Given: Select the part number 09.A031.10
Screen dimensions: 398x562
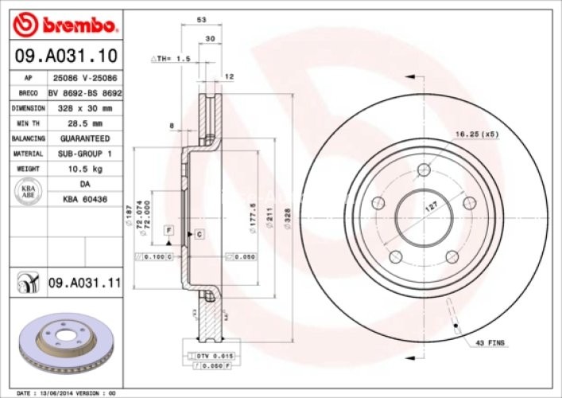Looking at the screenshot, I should pyautogui.click(x=67, y=56).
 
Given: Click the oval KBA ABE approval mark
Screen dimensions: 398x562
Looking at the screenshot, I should pyautogui.click(x=27, y=191).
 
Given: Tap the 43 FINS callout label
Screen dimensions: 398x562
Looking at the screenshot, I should pyautogui.click(x=490, y=342).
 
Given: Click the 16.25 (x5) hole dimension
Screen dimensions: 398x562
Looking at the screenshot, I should pyautogui.click(x=477, y=135).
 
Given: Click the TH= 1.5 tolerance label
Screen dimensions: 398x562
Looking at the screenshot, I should pyautogui.click(x=172, y=59).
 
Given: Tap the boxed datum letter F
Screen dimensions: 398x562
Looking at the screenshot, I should pyautogui.click(x=169, y=230).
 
